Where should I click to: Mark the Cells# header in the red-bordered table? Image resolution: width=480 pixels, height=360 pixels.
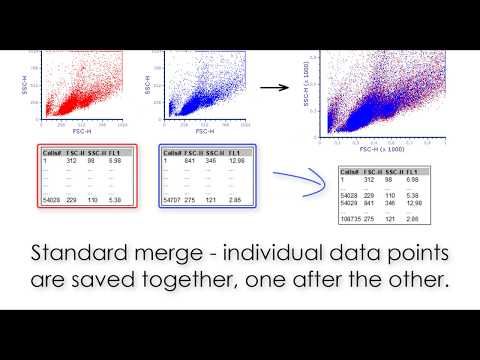[51, 156]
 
